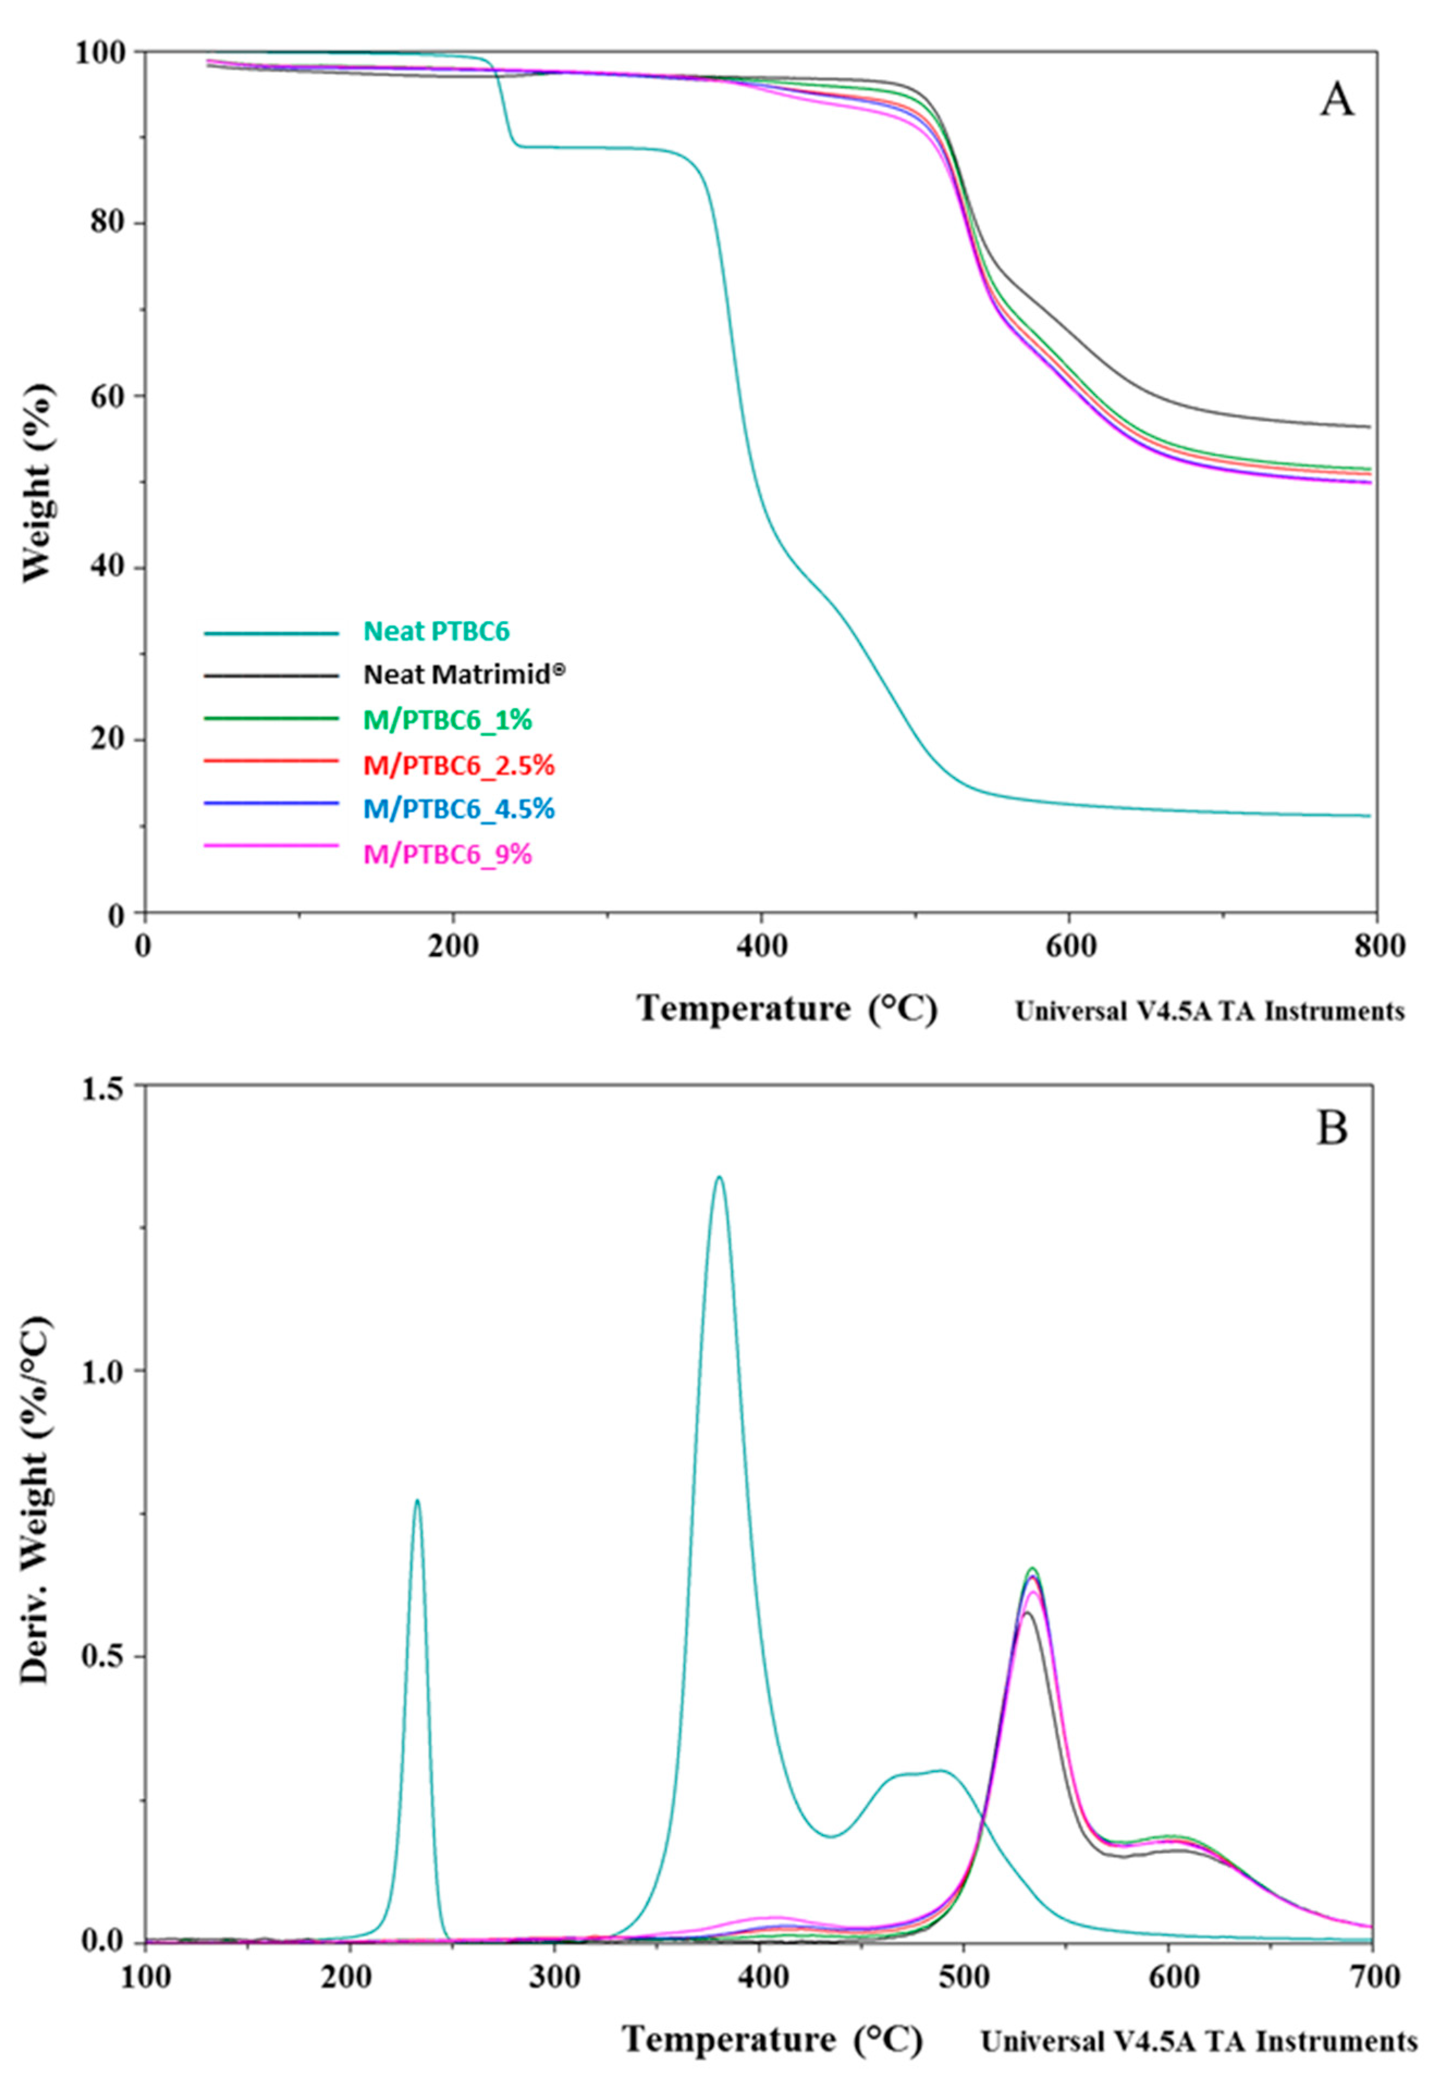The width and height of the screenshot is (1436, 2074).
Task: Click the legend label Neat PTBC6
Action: pyautogui.click(x=437, y=631)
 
